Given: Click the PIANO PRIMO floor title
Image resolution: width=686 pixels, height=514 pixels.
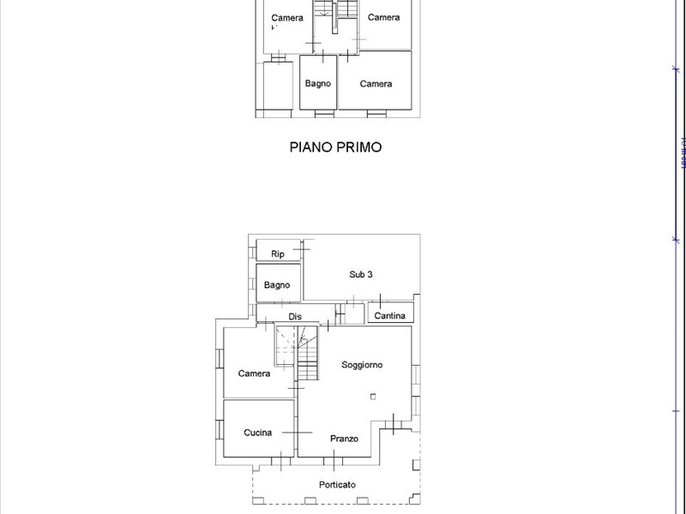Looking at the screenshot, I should coord(334,147).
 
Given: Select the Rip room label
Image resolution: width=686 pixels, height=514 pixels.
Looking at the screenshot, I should coord(278,254).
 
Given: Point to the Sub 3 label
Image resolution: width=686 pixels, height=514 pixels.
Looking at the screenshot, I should coord(360,275).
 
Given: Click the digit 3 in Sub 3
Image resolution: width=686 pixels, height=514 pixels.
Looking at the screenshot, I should coord(370,275).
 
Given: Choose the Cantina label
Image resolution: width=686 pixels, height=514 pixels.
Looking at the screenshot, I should coord(389,316).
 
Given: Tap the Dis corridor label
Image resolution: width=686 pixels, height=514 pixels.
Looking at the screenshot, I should coord(294,316).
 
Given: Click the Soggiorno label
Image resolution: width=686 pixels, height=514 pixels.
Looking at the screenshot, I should coord(362,365).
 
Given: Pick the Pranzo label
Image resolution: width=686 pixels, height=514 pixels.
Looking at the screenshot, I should coord(344,439).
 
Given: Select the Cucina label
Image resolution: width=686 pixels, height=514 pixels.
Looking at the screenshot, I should coord(257,433).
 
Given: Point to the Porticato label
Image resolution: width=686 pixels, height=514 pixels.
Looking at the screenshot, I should coord(338,485).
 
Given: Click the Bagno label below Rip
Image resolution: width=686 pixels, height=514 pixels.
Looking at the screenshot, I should coord(277,285).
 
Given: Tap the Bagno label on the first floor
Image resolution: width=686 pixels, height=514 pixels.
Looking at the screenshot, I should coord(318,83).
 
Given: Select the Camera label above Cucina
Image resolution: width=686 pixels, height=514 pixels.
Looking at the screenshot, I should coord(254,374).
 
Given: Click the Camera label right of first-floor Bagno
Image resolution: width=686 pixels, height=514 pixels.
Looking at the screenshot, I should coord(376,83).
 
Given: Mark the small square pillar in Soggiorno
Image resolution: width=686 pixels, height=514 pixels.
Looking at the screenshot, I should coord(373,396).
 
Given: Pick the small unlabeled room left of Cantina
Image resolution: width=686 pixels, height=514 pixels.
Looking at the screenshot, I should coord(352,314).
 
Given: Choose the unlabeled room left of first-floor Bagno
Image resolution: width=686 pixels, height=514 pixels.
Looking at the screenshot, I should coord(278,85).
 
